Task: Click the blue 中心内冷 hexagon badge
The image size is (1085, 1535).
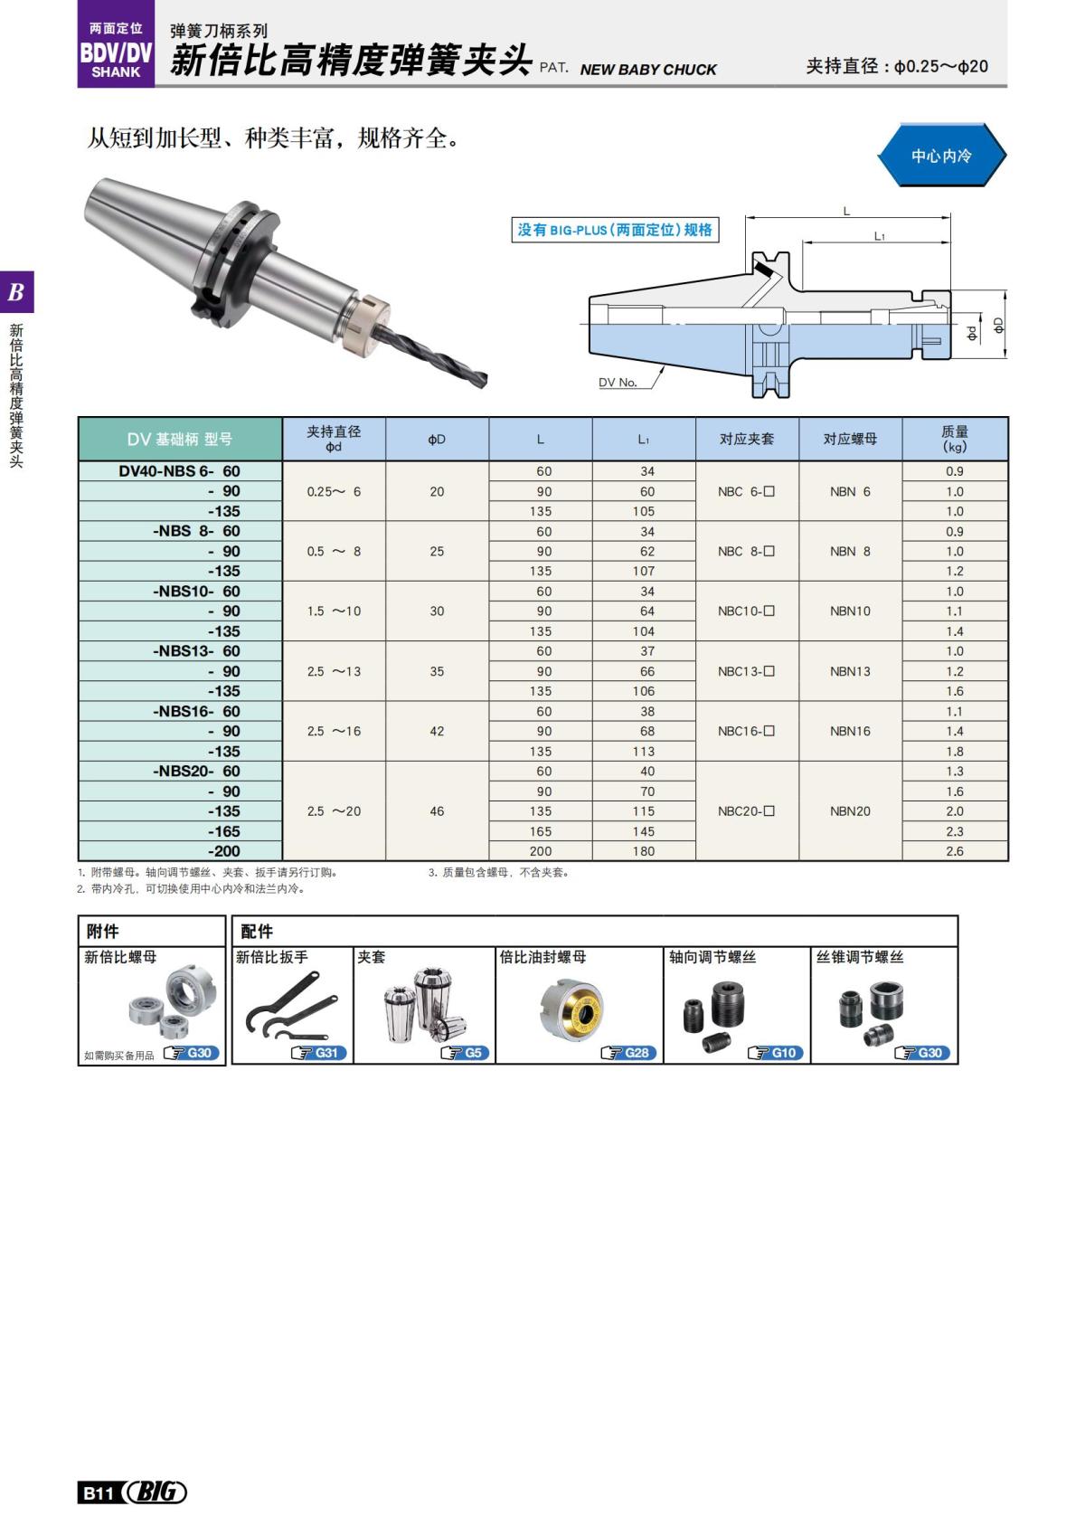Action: coord(941,156)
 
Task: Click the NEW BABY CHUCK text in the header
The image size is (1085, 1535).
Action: coord(648,70)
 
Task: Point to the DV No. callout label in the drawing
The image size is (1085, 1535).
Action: coord(618,383)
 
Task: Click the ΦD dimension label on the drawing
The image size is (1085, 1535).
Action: coord(999,325)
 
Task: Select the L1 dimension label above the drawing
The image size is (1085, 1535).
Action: coord(879,236)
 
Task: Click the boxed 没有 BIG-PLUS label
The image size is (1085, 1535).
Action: coord(615,230)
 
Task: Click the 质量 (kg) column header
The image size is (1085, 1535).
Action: coord(954,439)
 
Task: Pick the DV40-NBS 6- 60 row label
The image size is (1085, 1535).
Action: coord(180,471)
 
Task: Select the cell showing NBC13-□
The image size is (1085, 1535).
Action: coord(746,671)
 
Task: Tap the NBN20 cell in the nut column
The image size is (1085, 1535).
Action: coord(850,811)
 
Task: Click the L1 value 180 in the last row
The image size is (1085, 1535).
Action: coord(644,851)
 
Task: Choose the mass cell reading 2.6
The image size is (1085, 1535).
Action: coord(954,851)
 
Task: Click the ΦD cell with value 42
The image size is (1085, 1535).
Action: coord(437,731)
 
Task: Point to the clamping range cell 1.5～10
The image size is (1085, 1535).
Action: coord(334,611)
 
